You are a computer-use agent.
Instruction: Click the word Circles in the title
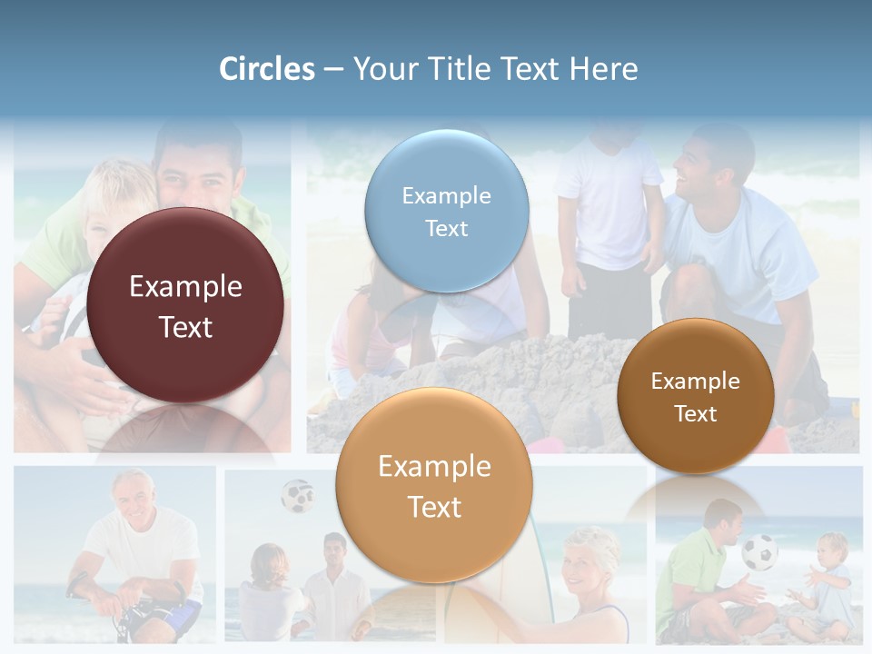click(x=266, y=69)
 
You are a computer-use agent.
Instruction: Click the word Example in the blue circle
click(x=446, y=195)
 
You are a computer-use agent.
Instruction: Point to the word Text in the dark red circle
click(x=185, y=327)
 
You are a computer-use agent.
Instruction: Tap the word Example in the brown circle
click(x=695, y=381)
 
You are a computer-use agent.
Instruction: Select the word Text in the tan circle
click(x=434, y=507)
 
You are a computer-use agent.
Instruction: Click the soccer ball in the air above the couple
click(x=296, y=495)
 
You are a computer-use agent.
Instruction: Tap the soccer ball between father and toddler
click(x=759, y=551)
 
